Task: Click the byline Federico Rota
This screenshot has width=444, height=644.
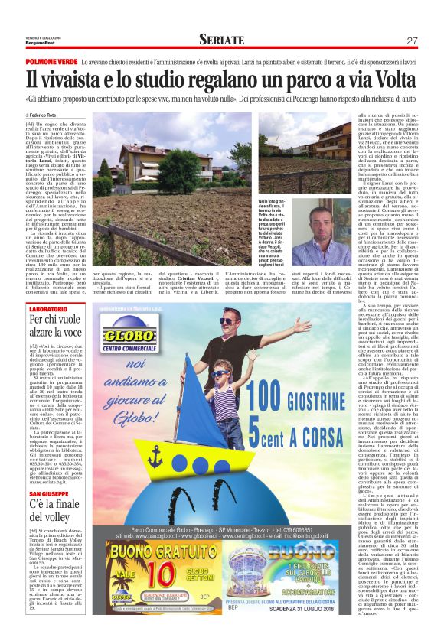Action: coord(46,115)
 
